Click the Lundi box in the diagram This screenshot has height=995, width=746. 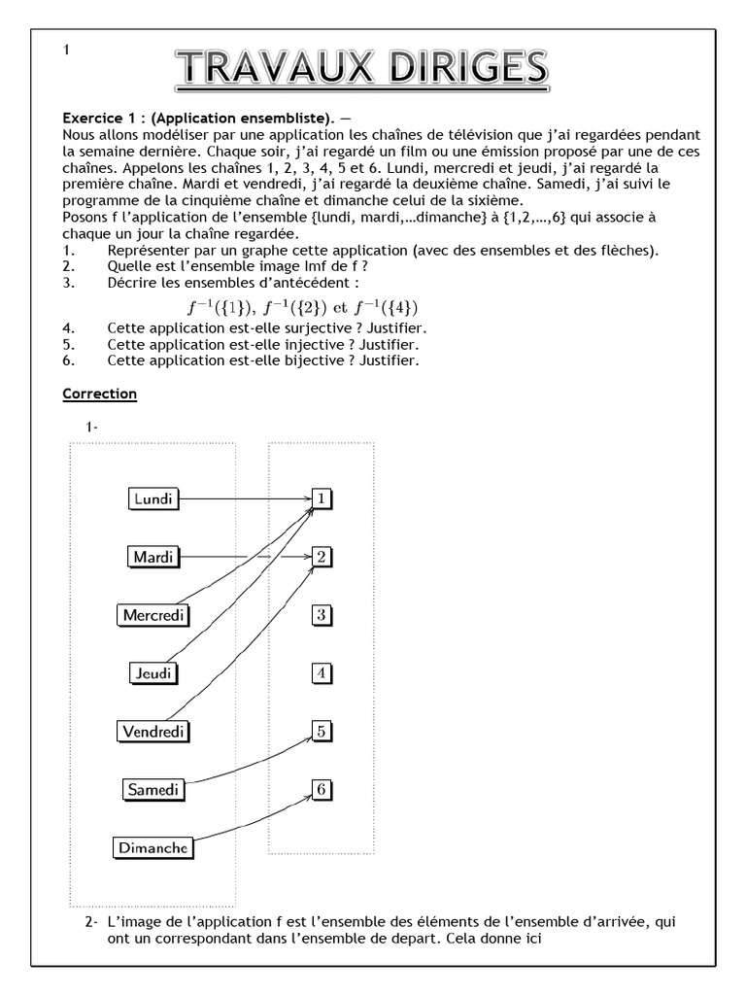pyautogui.click(x=153, y=498)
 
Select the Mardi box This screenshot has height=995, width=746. pyautogui.click(x=153, y=557)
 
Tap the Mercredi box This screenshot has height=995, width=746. pyautogui.click(x=153, y=614)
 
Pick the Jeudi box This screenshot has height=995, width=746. pyautogui.click(x=155, y=672)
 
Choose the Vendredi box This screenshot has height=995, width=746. pyautogui.click(x=153, y=731)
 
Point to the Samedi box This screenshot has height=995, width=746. pyautogui.click(x=153, y=789)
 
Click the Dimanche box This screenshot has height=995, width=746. pyautogui.click(x=153, y=847)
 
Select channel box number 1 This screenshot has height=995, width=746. pyautogui.click(x=322, y=498)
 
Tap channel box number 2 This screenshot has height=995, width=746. pyautogui.click(x=322, y=557)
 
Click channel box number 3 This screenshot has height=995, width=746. pyautogui.click(x=322, y=614)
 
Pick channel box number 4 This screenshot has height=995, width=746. pyautogui.click(x=322, y=672)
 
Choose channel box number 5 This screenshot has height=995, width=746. pyautogui.click(x=322, y=731)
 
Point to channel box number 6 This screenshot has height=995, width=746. pyautogui.click(x=322, y=789)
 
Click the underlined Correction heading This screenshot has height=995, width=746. pyautogui.click(x=99, y=395)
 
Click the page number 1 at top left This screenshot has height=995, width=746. pyautogui.click(x=66, y=51)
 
